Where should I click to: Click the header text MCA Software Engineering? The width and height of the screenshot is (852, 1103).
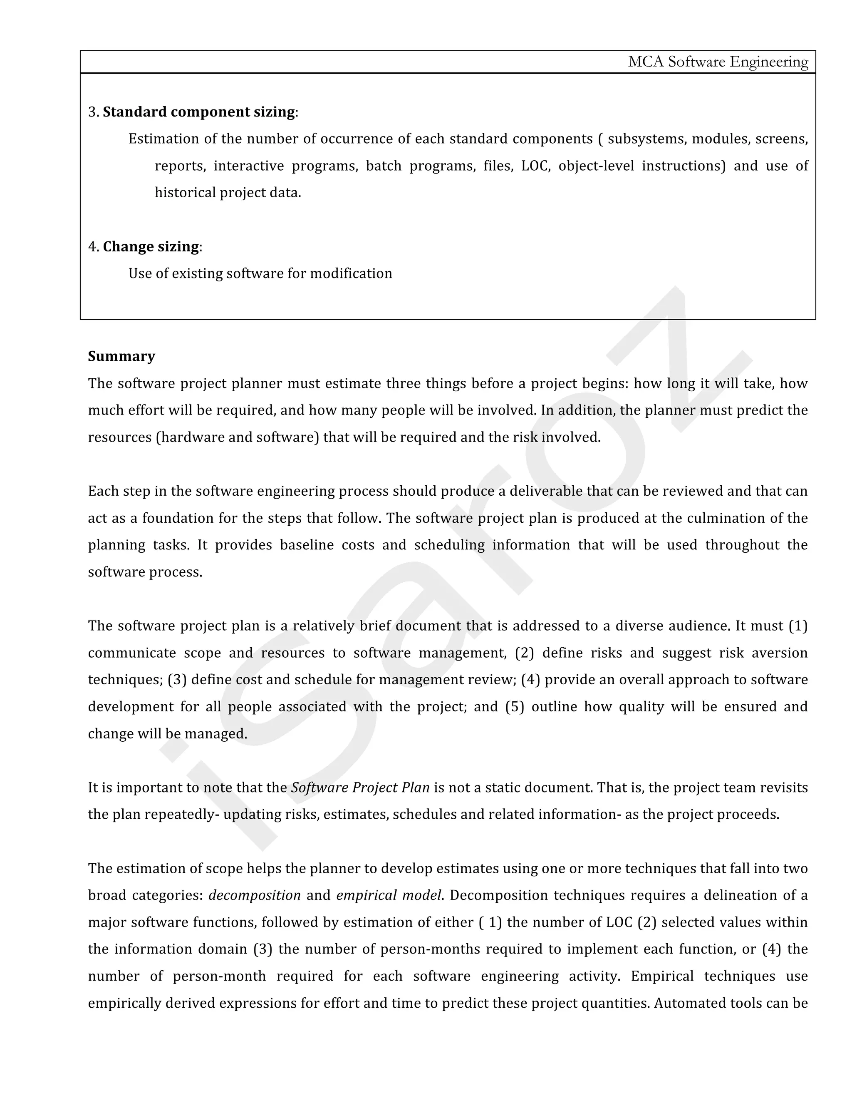coord(718,62)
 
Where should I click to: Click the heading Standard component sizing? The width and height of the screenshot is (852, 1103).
coord(199,112)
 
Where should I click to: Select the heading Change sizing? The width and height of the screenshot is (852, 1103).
coord(151,246)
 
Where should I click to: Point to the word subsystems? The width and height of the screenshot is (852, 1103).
coord(646,139)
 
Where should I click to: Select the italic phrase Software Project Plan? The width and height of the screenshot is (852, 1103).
coord(360,788)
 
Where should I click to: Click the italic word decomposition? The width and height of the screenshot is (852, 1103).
coord(254,895)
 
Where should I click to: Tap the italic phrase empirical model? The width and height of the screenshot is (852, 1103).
coord(389,895)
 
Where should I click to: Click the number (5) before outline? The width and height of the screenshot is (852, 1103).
coord(514,707)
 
